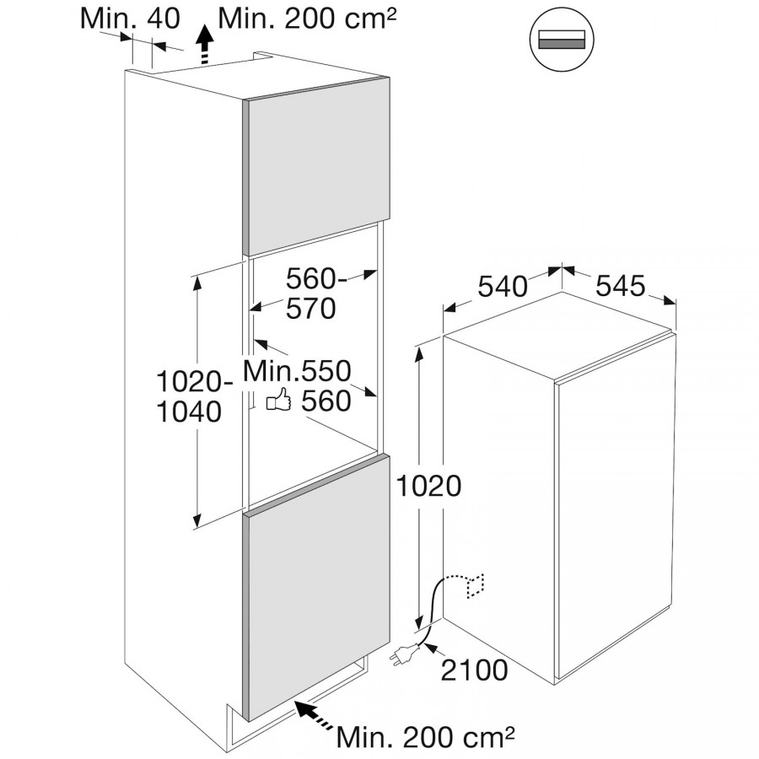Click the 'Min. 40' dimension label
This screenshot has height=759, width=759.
pos(130,19)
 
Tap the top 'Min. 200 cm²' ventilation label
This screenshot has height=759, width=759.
pos(307,19)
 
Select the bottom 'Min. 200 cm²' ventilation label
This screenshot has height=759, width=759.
pos(424,737)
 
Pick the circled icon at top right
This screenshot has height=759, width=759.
pos(562,39)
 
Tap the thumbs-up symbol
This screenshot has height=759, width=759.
pos(278,400)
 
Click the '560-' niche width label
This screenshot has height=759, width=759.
pos(316,279)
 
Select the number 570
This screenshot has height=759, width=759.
pos(310,309)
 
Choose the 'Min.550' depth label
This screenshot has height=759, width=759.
pos(297,371)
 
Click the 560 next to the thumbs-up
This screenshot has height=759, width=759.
pos(326,401)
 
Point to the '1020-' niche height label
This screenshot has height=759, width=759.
pos(195,382)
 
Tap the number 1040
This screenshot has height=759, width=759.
pos(189,412)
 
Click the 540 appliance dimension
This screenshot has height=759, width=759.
pos(503,286)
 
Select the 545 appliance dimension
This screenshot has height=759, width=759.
pos(620,286)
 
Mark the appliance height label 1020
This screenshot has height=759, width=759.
pos(428,486)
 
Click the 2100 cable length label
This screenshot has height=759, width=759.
pos(475,670)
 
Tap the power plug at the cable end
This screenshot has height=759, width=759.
pos(403,654)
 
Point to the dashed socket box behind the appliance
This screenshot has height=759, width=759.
pos(476,586)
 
